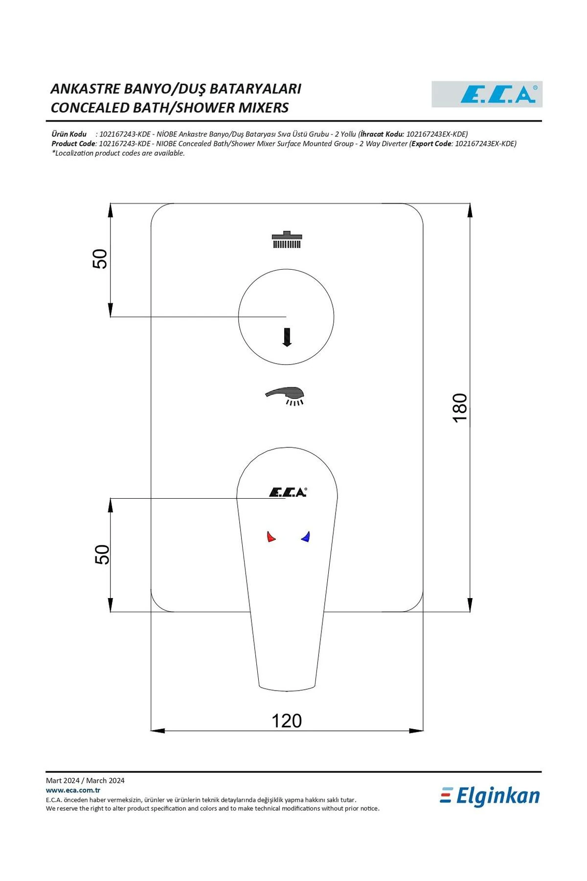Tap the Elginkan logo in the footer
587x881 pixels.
(x=490, y=796)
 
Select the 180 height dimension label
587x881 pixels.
(x=460, y=407)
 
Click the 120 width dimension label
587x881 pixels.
(x=287, y=720)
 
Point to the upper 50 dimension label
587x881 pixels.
(x=100, y=259)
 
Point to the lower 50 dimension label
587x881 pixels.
(x=102, y=555)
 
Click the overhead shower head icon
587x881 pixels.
(x=287, y=239)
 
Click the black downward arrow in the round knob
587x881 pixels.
(x=287, y=337)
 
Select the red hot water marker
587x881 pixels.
(x=271, y=536)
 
